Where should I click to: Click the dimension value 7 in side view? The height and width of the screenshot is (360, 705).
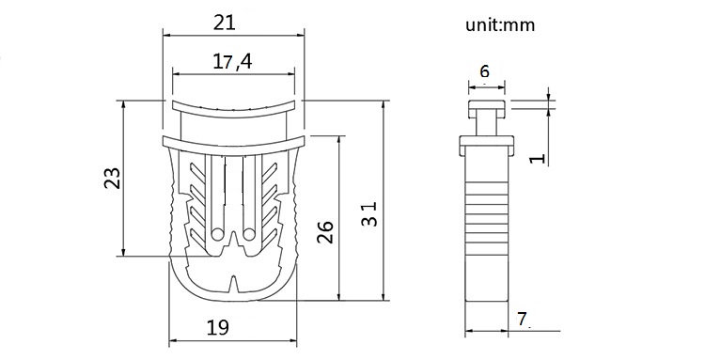[523, 319]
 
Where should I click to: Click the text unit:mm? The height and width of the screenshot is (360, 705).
[499, 25]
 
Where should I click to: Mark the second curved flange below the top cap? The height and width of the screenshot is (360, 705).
[234, 142]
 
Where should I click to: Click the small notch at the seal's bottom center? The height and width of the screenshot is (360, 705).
[234, 281]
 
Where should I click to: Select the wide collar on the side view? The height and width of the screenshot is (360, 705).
[487, 146]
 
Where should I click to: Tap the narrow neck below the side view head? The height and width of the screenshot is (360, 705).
[487, 122]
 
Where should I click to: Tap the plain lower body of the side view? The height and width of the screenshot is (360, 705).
[487, 282]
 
